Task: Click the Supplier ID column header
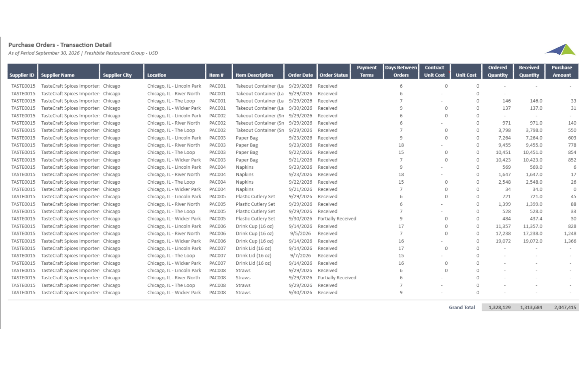22,75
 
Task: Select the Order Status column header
333,75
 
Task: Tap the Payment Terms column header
367,71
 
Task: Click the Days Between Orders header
401,71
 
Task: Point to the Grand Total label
461,307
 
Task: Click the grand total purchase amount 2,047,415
565,307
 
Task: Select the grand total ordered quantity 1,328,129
499,307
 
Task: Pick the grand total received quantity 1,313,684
531,307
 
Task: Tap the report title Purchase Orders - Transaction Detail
60,45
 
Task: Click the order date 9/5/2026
300,234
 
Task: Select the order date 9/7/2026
300,256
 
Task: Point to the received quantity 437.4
536,219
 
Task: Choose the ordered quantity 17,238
503,234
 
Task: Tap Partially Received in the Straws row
337,278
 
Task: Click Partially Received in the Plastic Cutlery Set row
337,219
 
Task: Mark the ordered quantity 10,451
503,152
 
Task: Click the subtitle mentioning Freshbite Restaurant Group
83,53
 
